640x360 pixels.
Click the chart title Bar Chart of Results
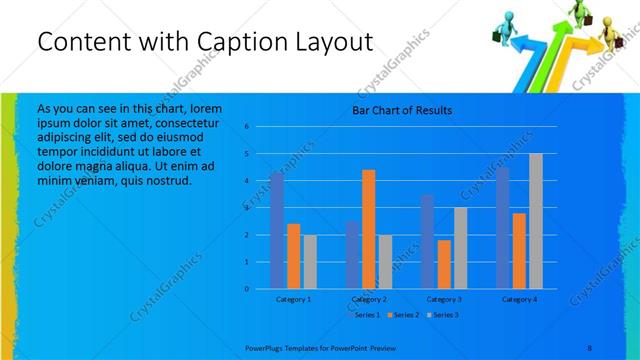pos(401,110)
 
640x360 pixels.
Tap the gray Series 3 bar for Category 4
pos(535,221)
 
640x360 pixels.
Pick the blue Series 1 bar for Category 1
pos(277,231)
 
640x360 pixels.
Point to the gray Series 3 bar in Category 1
pos(310,262)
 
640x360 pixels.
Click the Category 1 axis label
pos(293,299)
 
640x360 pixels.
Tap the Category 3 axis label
pos(443,299)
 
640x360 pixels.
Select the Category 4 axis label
pos(519,299)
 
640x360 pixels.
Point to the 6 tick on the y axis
pos(246,127)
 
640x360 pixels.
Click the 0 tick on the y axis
pos(246,289)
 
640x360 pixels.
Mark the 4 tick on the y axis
pos(246,181)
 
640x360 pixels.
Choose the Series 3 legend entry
pos(446,315)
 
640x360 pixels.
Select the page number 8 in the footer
pos(589,347)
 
